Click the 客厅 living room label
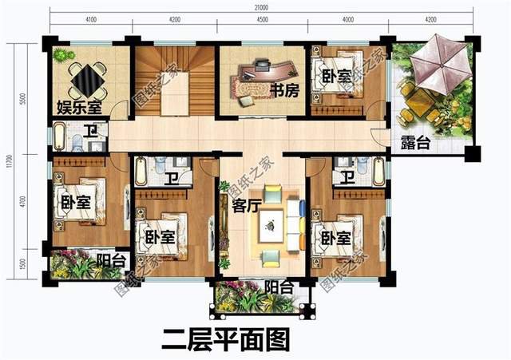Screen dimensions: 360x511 click(x=245, y=204)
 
